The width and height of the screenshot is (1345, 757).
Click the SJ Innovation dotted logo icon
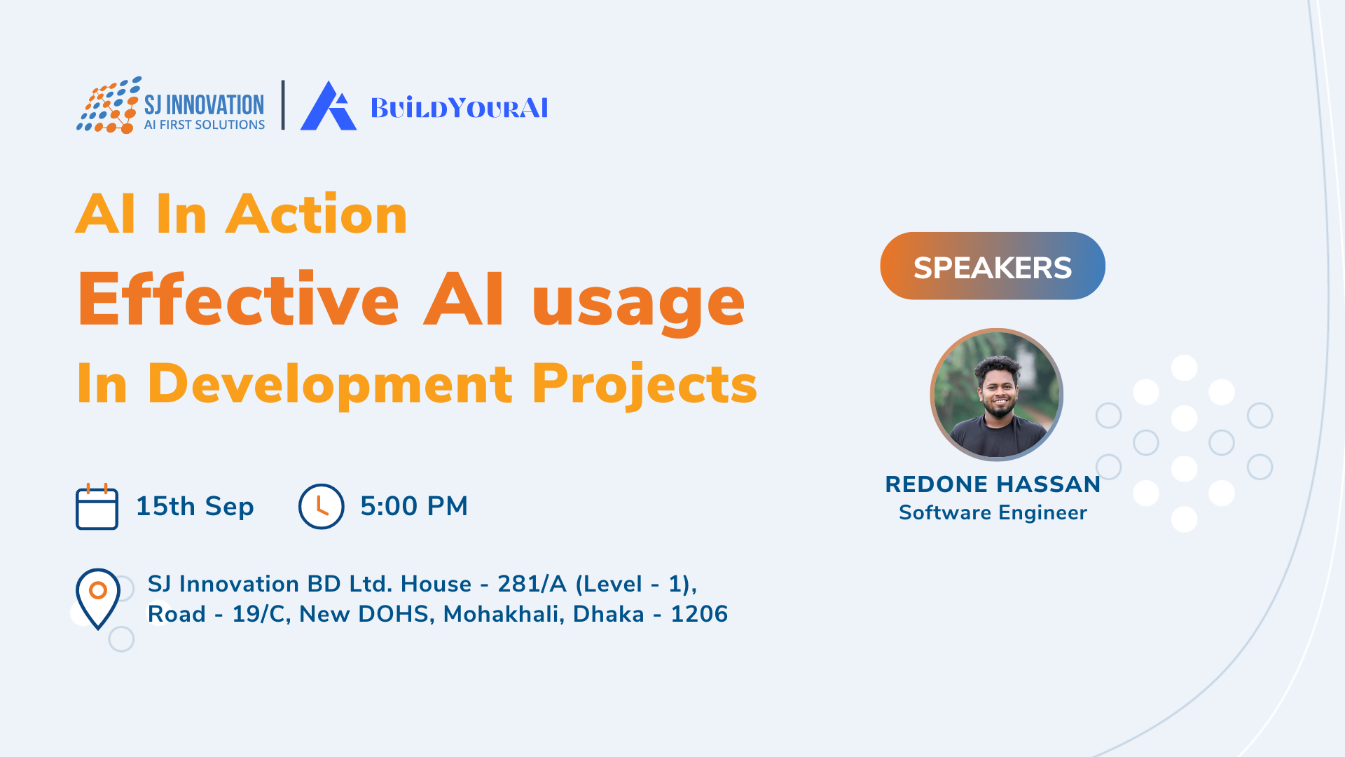[x=109, y=105]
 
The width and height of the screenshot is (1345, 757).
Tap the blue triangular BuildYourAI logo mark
[x=329, y=106]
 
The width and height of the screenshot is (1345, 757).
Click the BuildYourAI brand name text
[x=460, y=108]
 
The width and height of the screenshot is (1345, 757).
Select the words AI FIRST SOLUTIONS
[x=205, y=125]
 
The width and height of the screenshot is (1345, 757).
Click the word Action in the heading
[x=316, y=214]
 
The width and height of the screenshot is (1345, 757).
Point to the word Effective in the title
[x=239, y=299]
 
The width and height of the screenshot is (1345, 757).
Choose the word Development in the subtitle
[x=330, y=385]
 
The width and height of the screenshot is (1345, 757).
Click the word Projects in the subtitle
[x=645, y=385]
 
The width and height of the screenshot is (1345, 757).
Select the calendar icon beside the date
[x=97, y=507]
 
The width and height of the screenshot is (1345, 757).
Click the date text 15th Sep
[x=195, y=506]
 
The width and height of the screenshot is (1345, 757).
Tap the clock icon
[x=322, y=506]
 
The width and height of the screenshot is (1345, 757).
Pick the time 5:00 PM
[x=414, y=506]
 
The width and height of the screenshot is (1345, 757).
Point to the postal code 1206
[x=699, y=614]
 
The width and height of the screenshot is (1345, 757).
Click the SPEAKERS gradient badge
[x=993, y=266]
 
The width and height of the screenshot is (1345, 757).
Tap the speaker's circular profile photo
[x=996, y=395]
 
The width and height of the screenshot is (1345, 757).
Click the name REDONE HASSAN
[x=993, y=484]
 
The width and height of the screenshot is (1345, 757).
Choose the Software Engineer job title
[x=993, y=513]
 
